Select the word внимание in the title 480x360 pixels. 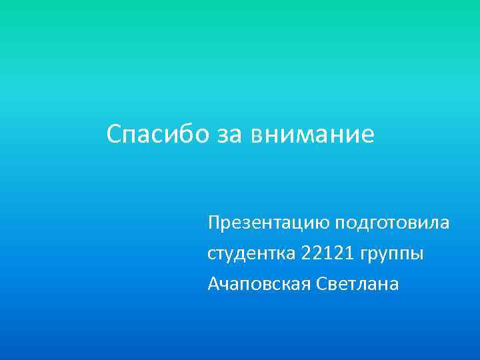point(313,135)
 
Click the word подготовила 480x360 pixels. point(393,223)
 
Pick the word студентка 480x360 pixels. point(251,254)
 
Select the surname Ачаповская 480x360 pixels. point(256,285)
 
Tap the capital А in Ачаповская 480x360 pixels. point(213,285)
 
